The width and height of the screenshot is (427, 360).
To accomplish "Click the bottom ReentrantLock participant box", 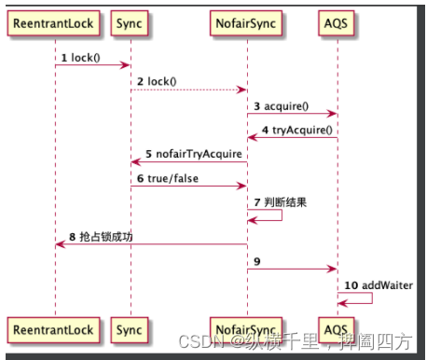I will [54, 328].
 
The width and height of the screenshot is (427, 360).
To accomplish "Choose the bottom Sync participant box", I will [130, 328].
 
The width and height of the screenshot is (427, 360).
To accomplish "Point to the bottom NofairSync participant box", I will [247, 328].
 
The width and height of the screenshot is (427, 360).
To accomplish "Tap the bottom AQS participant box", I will [337, 328].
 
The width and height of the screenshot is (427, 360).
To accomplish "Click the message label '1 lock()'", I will [80, 58].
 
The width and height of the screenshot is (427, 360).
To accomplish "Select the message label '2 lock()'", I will [157, 82].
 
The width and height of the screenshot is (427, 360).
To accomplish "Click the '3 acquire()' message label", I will [281, 106].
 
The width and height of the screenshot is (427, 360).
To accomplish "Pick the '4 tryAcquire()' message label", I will [296, 131].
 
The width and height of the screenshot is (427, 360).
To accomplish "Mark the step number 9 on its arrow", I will [256, 261].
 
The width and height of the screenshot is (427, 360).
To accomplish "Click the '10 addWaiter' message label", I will [378, 284].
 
